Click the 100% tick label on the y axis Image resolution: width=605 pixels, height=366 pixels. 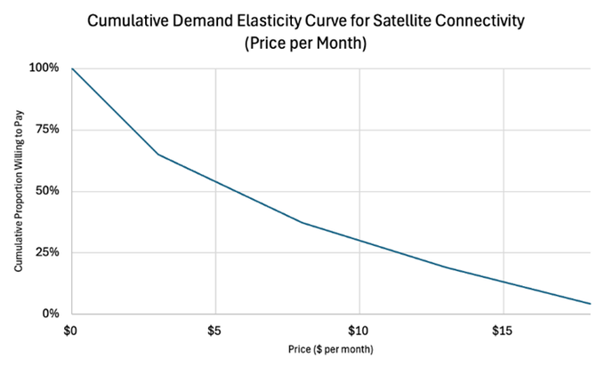pos(44,68)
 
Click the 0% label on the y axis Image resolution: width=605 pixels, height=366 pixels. pos(50,314)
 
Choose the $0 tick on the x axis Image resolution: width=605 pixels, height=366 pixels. pos(71,330)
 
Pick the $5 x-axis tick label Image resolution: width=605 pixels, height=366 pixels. pos(215,330)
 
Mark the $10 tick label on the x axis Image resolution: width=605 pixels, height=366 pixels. pos(359,330)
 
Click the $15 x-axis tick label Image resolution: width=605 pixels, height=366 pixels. pos(504,330)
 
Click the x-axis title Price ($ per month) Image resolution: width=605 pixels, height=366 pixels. pos(331,350)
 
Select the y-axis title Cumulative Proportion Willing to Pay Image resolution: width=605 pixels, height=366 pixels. pos(19,191)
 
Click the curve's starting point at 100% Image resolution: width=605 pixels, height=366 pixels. pos(72,68)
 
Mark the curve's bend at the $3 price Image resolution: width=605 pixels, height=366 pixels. pos(158,155)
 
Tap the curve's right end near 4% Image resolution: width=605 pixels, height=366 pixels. pos(590,304)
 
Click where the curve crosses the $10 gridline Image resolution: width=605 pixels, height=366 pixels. pos(359,241)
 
